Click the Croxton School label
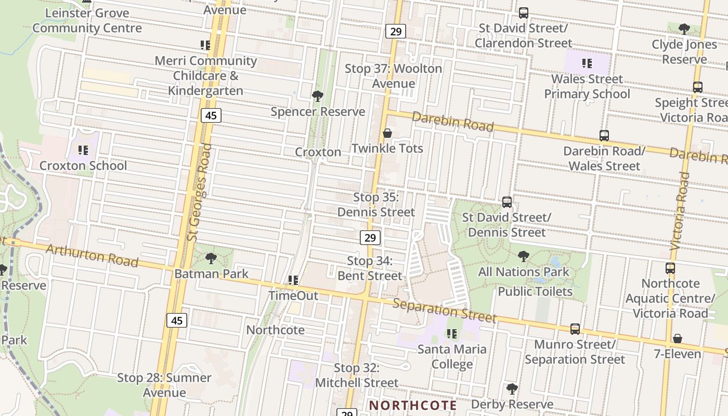coord(83,166)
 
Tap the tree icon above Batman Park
coord(211,258)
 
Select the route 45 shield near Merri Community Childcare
coord(211,115)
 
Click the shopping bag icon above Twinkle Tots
coord(387,134)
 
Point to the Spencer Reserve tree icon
coord(317,96)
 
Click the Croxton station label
coord(318,152)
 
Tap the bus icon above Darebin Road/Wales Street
coord(604,136)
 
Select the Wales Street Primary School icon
coord(587,64)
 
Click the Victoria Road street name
coord(680,211)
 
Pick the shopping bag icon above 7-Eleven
coord(677,339)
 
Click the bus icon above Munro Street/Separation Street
coord(575,329)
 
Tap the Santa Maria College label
coord(452,356)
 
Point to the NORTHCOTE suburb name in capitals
coord(413,405)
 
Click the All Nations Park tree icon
coord(524,256)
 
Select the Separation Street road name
coord(444,310)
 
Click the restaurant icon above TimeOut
coord(293,280)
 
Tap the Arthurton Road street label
coord(92,255)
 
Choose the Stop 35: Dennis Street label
coord(376,205)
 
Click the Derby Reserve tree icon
coord(512,388)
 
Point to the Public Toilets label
coord(535,291)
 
